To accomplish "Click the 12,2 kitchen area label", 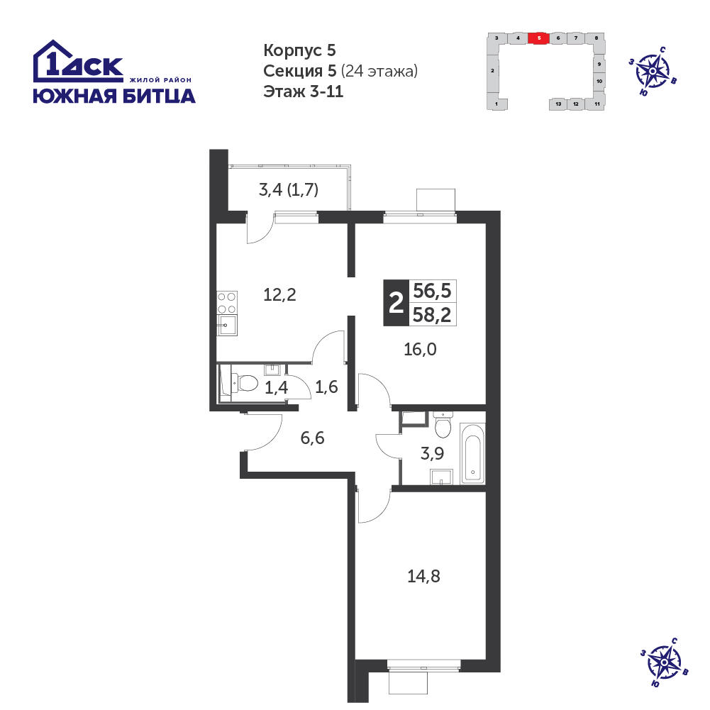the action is pos(280,295).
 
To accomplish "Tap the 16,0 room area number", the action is pos(420,350).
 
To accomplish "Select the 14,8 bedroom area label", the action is pos(424,577).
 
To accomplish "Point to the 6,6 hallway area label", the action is pos(312,438).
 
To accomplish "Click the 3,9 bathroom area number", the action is pos(433,453).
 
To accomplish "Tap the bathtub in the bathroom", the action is pos(472,453).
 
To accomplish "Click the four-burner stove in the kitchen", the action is pos(227,303).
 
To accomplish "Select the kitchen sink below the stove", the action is pos(227,325).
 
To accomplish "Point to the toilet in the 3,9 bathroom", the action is pos(443,425).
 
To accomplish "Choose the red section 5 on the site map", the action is pos(539,38).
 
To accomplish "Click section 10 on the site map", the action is pos(599,82).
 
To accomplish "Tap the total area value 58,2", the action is pos(433,315).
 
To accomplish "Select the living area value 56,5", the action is pos(433,291).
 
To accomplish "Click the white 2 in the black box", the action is pos(396,303).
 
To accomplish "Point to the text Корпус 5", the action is pos(300,50).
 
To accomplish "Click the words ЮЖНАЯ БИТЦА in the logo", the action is pos(115,96).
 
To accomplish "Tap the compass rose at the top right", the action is pos(653,71).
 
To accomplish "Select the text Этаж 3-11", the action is pos(304,91).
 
